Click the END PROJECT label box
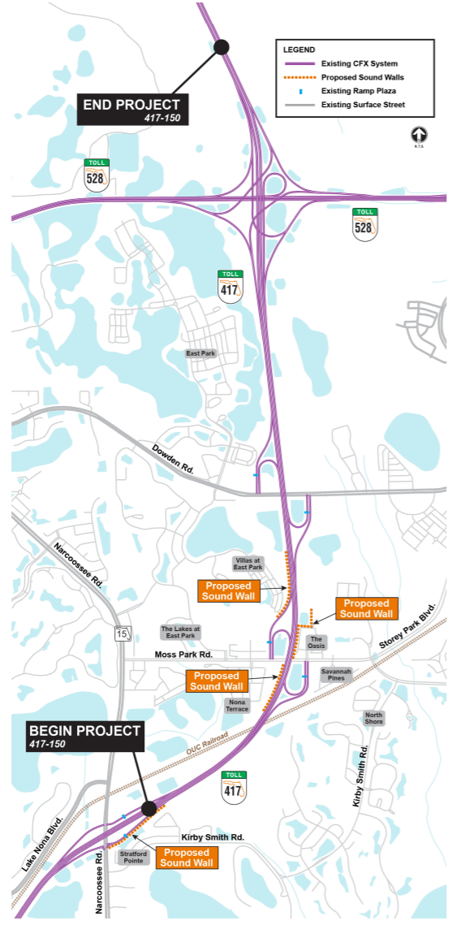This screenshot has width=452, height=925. pyautogui.click(x=132, y=109)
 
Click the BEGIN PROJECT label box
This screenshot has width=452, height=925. pyautogui.click(x=85, y=736)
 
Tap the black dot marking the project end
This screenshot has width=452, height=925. pyautogui.click(x=222, y=47)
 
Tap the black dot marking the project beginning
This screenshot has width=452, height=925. pyautogui.click(x=149, y=808)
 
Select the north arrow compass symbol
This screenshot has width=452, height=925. pyautogui.click(x=420, y=136)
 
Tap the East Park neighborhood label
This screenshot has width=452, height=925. pyautogui.click(x=200, y=353)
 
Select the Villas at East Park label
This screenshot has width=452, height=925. pyautogui.click(x=248, y=564)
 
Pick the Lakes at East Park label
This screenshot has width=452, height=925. pyautogui.click(x=179, y=633)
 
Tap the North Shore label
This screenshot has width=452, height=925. pyautogui.click(x=374, y=718)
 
